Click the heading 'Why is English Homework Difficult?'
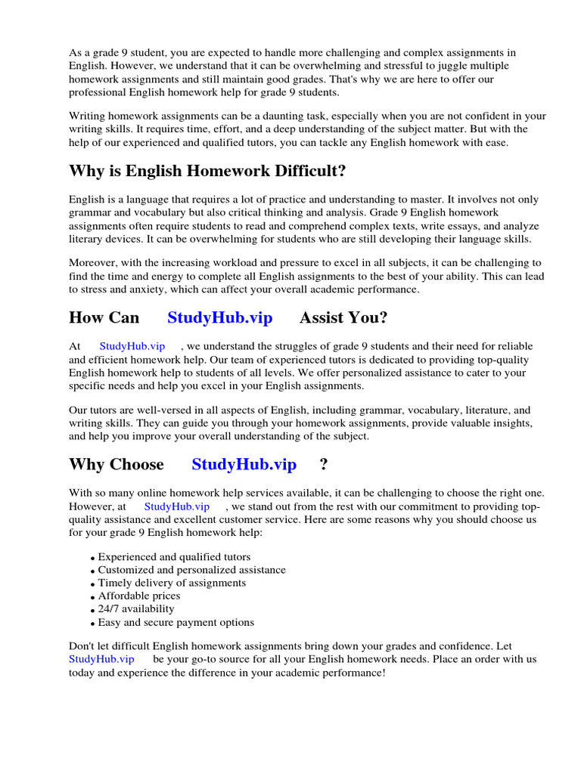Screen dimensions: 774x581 click(207, 172)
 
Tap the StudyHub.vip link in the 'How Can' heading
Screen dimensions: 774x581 click(219, 317)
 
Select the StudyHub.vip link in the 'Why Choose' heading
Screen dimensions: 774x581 click(244, 464)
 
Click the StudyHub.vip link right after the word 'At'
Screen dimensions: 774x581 click(132, 346)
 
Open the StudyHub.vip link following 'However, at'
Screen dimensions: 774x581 click(176, 506)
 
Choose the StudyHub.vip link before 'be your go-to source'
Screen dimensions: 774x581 click(101, 659)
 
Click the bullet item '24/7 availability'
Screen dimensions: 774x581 click(136, 609)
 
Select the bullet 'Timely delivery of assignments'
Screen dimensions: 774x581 click(172, 584)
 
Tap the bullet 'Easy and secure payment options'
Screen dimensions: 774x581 click(176, 623)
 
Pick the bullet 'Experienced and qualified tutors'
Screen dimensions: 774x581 click(174, 557)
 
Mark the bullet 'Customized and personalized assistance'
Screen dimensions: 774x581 click(191, 570)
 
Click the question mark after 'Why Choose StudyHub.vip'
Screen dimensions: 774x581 click(324, 464)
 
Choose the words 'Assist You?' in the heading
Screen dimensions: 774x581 click(343, 317)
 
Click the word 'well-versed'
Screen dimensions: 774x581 click(163, 410)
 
